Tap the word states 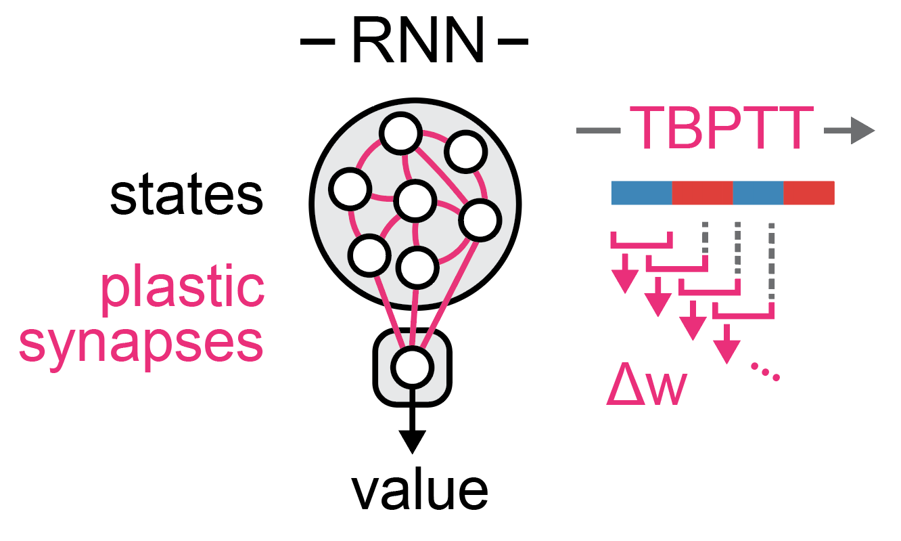click(x=186, y=196)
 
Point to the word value click(x=419, y=492)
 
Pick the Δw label click(x=646, y=388)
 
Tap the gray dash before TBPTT click(x=598, y=130)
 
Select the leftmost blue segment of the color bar click(x=641, y=193)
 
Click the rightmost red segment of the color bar click(x=809, y=193)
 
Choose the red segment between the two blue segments click(x=702, y=193)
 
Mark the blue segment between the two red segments click(x=758, y=193)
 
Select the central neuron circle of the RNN click(x=414, y=200)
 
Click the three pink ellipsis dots click(x=766, y=372)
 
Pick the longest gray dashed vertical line click(x=771, y=264)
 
